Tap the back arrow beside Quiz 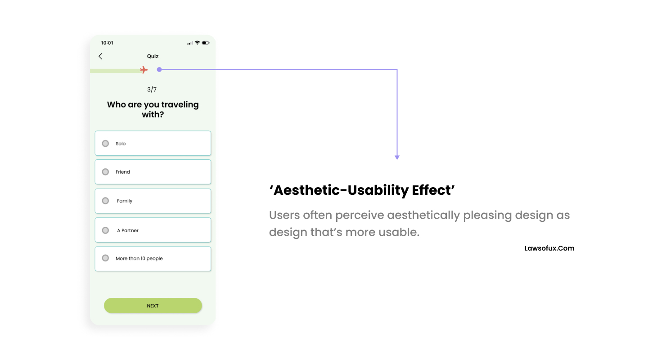(x=100, y=56)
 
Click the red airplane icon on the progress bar (x=144, y=70)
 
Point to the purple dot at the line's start (x=159, y=69)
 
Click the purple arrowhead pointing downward (x=397, y=157)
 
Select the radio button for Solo (x=105, y=144)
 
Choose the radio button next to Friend (x=105, y=172)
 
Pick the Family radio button (x=105, y=201)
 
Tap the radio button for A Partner (x=105, y=230)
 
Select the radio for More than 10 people (x=105, y=258)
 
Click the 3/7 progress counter (x=152, y=90)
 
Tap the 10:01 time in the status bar (x=107, y=43)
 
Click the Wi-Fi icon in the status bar (x=197, y=43)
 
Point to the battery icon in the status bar (x=206, y=43)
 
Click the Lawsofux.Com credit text (x=549, y=248)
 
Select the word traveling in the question (x=180, y=104)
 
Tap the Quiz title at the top (x=153, y=56)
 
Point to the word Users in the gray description (x=284, y=215)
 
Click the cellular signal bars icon (x=190, y=43)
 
